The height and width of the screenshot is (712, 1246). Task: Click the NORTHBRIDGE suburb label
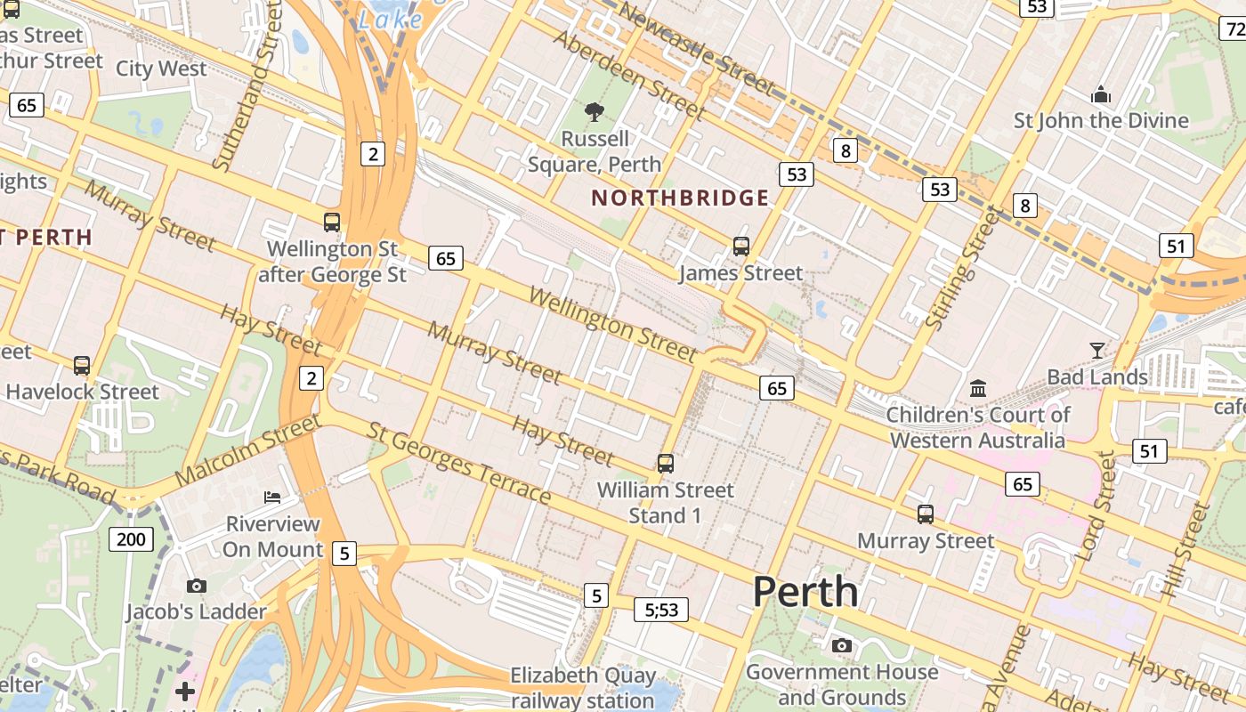(x=680, y=198)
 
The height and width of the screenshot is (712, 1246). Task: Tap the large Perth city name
(x=805, y=592)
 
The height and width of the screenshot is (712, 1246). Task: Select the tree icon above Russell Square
(x=594, y=112)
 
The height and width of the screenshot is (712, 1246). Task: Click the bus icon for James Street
(x=741, y=247)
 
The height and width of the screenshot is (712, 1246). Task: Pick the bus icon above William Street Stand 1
(x=666, y=464)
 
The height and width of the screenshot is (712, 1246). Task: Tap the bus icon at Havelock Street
(x=82, y=365)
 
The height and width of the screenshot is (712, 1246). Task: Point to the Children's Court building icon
(x=978, y=388)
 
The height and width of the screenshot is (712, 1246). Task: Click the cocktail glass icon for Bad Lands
(x=1097, y=351)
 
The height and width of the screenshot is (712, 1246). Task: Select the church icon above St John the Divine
(x=1101, y=94)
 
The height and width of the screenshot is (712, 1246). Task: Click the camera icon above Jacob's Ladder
(x=197, y=586)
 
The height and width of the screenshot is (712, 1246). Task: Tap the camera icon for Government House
(x=841, y=646)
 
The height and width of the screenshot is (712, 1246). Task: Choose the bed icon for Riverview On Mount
(x=272, y=497)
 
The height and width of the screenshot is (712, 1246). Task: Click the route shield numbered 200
(x=132, y=538)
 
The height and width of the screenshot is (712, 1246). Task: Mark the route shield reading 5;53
(x=661, y=610)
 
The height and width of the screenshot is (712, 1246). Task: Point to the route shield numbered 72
(x=1234, y=28)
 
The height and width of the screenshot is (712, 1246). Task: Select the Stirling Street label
(x=963, y=268)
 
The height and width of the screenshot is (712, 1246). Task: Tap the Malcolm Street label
(x=247, y=450)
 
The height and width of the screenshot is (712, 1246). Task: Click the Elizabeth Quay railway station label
(x=583, y=688)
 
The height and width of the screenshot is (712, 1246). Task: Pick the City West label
(x=161, y=69)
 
